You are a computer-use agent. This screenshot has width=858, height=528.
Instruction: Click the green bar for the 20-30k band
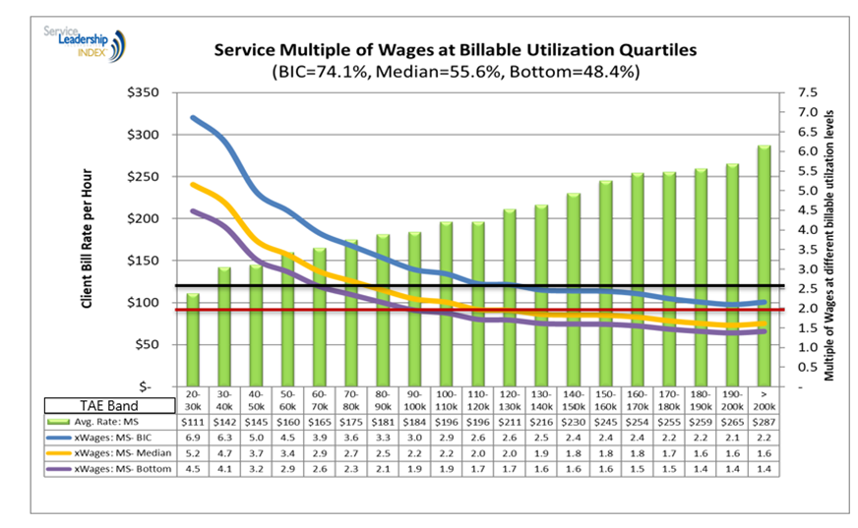(192, 339)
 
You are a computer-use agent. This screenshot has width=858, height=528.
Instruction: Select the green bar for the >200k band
(764, 265)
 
